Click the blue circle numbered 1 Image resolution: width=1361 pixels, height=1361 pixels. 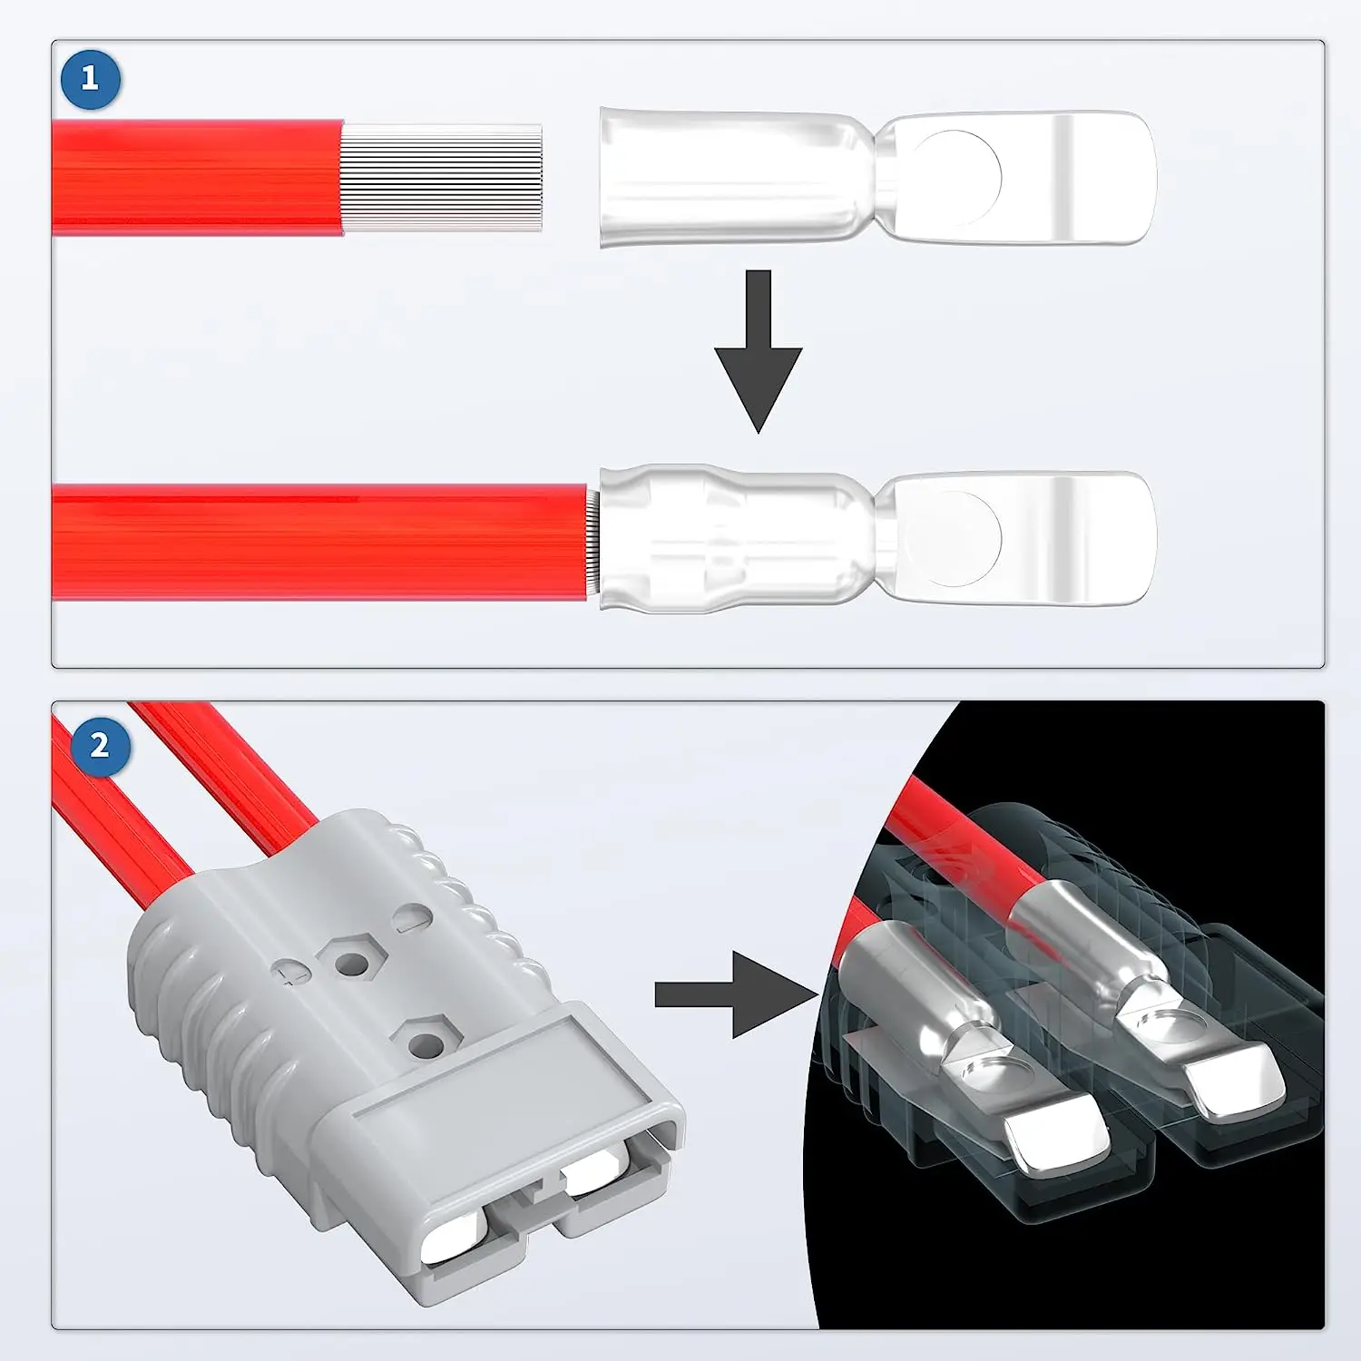tap(90, 79)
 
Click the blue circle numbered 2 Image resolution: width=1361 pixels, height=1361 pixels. tap(99, 746)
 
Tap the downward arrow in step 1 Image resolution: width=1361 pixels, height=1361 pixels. tap(758, 350)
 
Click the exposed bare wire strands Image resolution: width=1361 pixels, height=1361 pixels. tap(443, 178)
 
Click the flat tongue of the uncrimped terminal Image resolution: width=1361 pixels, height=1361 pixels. tap(1022, 178)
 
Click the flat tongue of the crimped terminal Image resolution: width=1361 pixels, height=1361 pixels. tap(1022, 537)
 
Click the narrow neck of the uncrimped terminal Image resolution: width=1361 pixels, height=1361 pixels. tap(876, 178)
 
